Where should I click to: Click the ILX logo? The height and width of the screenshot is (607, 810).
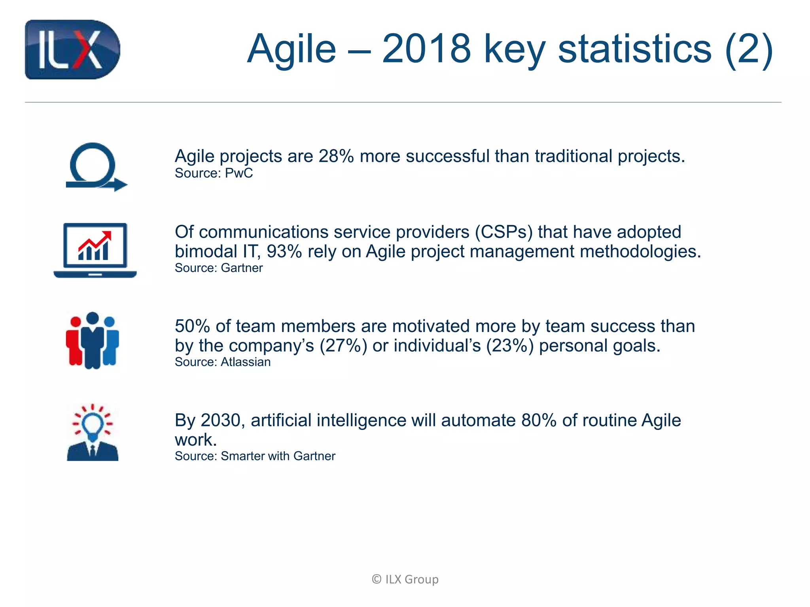[x=72, y=50]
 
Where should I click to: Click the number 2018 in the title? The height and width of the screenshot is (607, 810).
[x=426, y=49]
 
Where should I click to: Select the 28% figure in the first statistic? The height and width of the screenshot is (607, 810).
[x=336, y=156]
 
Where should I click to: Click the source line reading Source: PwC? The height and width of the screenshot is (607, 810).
[x=214, y=173]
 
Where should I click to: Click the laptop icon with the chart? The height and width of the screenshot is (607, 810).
[x=95, y=250]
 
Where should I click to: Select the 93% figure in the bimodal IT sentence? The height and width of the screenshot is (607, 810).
[x=284, y=252]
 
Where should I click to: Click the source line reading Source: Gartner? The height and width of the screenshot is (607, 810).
[x=219, y=268]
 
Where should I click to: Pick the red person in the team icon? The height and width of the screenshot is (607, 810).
[x=74, y=341]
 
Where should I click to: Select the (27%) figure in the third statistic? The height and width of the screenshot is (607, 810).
[x=343, y=346]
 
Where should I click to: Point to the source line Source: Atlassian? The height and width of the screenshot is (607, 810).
[x=223, y=362]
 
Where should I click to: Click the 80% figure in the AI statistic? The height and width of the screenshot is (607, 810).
[x=539, y=420]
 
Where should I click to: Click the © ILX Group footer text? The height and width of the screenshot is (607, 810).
[x=405, y=579]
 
